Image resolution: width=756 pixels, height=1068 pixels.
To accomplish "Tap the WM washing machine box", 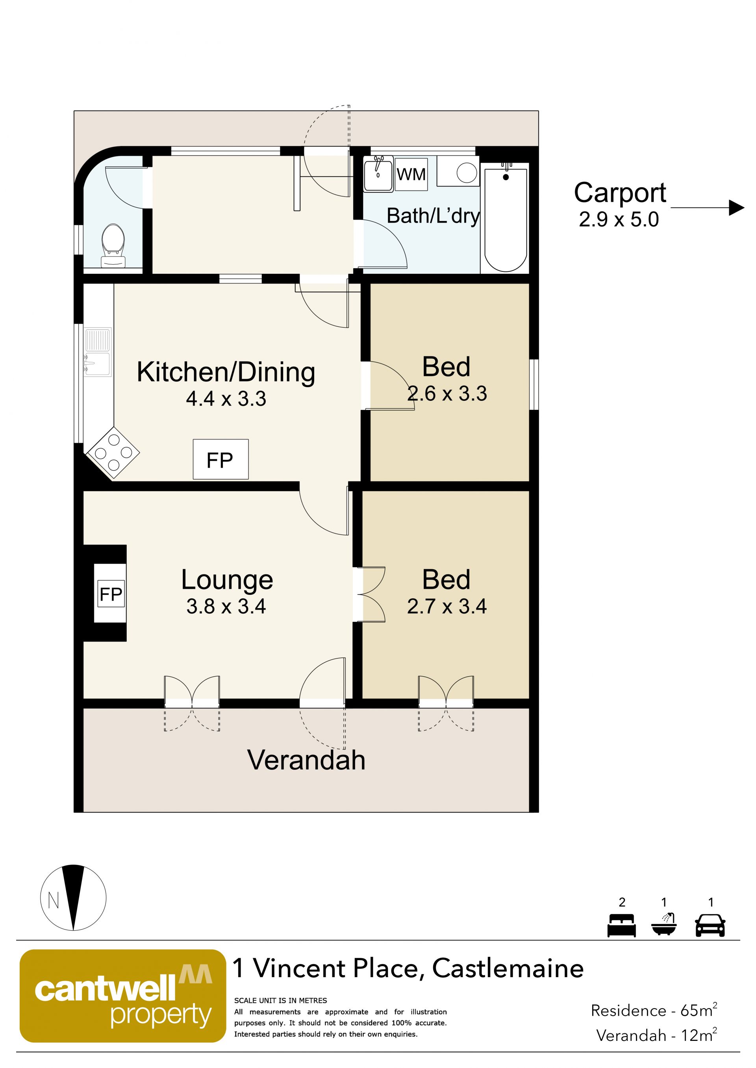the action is pos(411,174).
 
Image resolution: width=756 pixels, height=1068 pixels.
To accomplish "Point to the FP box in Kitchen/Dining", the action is pos(220,459).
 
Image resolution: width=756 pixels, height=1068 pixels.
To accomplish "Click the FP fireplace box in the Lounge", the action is pos(111,594).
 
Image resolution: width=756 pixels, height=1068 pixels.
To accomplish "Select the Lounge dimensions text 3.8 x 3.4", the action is pos(226,606).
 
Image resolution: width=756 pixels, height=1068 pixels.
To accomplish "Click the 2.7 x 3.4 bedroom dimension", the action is pos(447,606).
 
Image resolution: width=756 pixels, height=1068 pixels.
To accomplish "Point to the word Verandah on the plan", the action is pos(306,760).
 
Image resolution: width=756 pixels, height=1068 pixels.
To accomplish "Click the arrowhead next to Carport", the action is pos(736,207).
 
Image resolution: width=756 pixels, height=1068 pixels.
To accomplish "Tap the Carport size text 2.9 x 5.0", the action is pos(619,220).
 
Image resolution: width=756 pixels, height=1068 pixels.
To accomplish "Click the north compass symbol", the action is pos(73,898).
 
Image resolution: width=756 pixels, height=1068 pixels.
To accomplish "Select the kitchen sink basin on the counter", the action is pos(97,364).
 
